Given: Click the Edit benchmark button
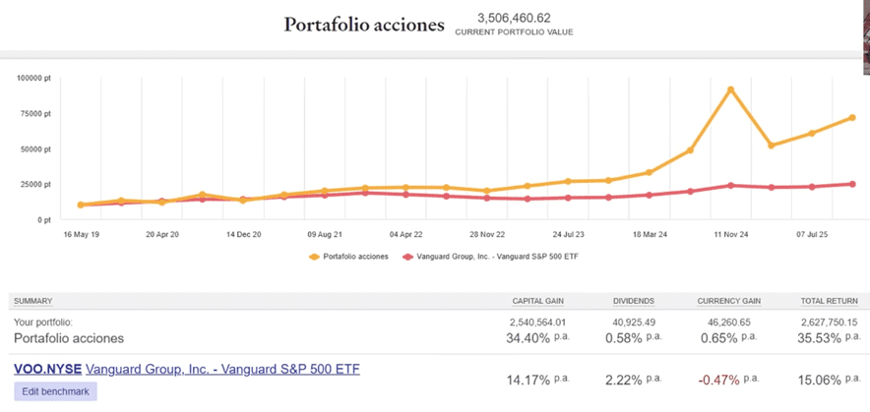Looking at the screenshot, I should (x=55, y=391).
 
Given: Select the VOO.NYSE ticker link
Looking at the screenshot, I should (x=46, y=370).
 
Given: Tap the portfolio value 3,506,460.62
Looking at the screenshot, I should (x=513, y=18).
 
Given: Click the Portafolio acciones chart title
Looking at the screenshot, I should (x=364, y=25).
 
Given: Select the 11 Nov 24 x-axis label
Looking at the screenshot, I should (x=731, y=235).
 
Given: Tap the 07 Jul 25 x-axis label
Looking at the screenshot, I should (x=812, y=235).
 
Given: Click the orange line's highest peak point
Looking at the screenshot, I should (x=730, y=89).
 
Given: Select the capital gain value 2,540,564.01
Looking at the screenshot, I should (x=539, y=322).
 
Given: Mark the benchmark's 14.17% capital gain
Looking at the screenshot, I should (x=528, y=380).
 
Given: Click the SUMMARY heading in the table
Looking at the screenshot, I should (x=33, y=301).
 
